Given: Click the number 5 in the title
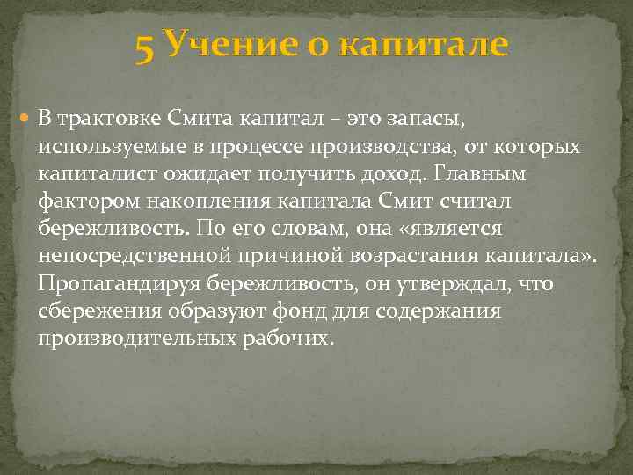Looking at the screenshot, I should [146, 46].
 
